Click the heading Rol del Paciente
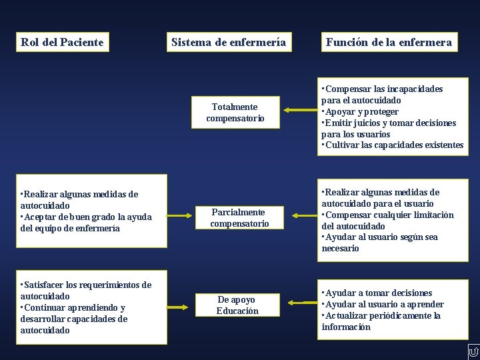pyautogui.click(x=62, y=43)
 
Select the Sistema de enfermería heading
pyautogui.click(x=229, y=43)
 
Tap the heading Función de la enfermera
pyautogui.click(x=389, y=43)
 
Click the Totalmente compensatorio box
pyautogui.click(x=235, y=113)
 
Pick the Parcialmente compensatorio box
pyautogui.click(x=239, y=218)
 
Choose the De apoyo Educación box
pyautogui.click(x=237, y=305)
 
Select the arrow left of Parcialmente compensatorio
pyautogui.click(x=180, y=215)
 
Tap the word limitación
pyautogui.click(x=433, y=215)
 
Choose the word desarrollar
pyautogui.click(x=44, y=319)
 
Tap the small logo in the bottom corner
pyautogui.click(x=473, y=352)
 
